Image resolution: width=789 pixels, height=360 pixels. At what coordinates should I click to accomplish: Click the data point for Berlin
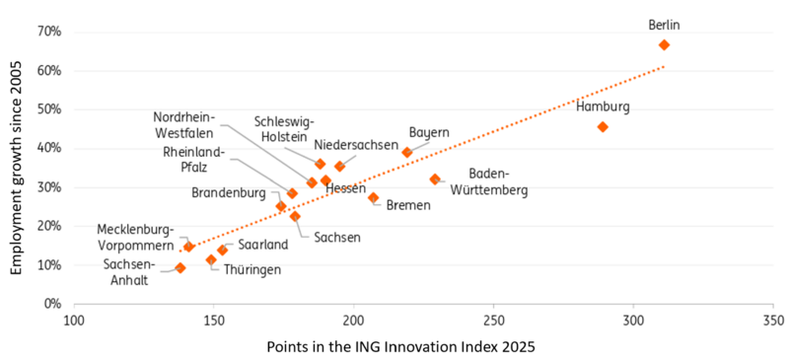coord(664,45)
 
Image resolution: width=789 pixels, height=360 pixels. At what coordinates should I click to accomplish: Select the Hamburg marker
coord(603,127)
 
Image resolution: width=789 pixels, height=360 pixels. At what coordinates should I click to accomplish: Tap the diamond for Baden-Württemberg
coord(435,180)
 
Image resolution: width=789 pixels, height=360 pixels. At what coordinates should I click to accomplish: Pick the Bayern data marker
coord(406,153)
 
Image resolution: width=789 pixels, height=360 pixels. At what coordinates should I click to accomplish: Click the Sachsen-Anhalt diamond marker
coord(180,267)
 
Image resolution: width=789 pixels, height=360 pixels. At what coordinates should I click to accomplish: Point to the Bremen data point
coord(373,198)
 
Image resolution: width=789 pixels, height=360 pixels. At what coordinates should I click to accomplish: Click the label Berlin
coord(664,25)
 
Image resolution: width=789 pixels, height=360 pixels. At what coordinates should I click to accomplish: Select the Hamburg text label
coord(603,107)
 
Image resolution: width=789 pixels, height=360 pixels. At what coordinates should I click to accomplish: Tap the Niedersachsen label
coord(356,145)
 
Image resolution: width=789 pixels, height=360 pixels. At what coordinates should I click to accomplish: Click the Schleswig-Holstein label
coord(283,129)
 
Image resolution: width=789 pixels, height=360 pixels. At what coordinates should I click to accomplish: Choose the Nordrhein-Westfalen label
coord(183,123)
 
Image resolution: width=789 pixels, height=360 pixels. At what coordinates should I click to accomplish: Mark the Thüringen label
coord(251,269)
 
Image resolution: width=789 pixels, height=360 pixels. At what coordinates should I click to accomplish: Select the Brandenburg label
coord(228,193)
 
